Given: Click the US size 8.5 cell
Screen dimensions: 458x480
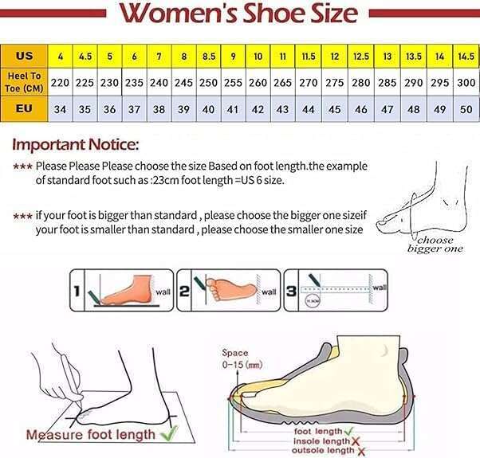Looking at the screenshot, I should tap(209, 57).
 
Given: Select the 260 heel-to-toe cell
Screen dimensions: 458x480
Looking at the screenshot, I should tap(258, 82).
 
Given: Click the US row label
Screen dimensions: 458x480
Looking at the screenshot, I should tap(24, 57).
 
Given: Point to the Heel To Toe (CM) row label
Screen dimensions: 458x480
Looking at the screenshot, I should tap(24, 82).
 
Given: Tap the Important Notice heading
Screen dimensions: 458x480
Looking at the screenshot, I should tap(76, 146).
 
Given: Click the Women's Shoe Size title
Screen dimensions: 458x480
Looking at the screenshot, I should tap(239, 14).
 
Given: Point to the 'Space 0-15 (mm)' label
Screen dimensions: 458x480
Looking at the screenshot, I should tap(238, 358).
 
